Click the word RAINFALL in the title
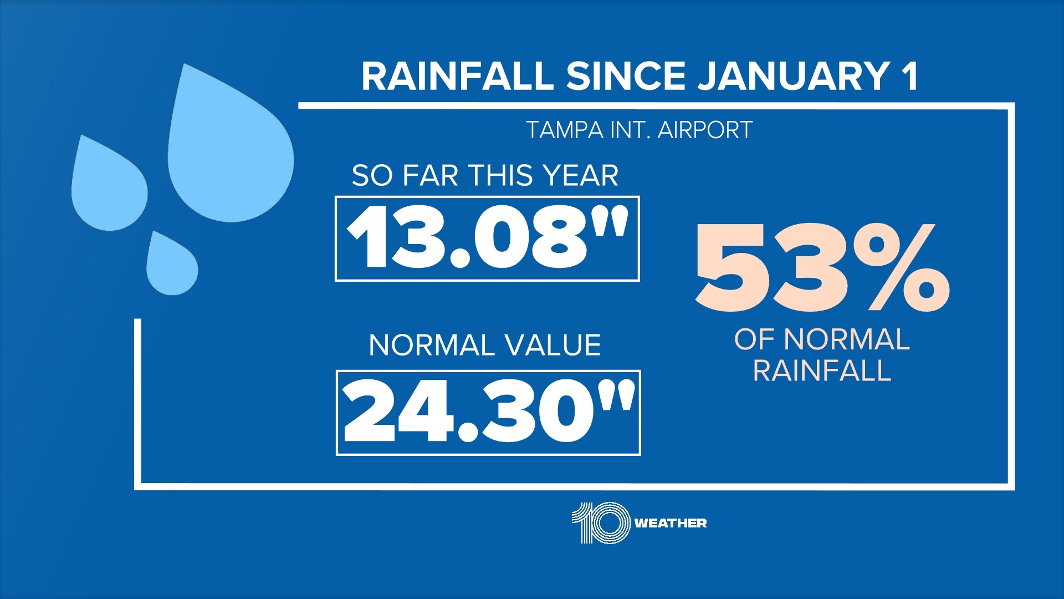[x=457, y=76]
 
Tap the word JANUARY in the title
[x=793, y=76]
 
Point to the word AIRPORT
[x=705, y=131]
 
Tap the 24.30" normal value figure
[x=488, y=413]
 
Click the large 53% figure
[x=821, y=268]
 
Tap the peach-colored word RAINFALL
[x=821, y=371]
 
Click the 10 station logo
[x=601, y=522]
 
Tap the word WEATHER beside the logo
[x=671, y=523]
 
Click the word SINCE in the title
[x=626, y=76]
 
